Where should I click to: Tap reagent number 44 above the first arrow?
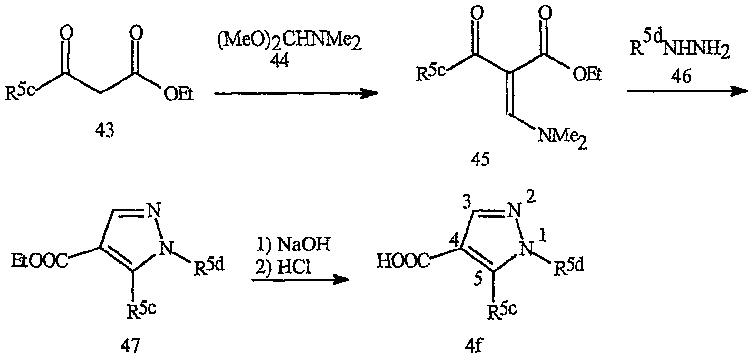(x=279, y=61)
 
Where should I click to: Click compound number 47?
(x=131, y=344)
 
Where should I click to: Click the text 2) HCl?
(x=283, y=268)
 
